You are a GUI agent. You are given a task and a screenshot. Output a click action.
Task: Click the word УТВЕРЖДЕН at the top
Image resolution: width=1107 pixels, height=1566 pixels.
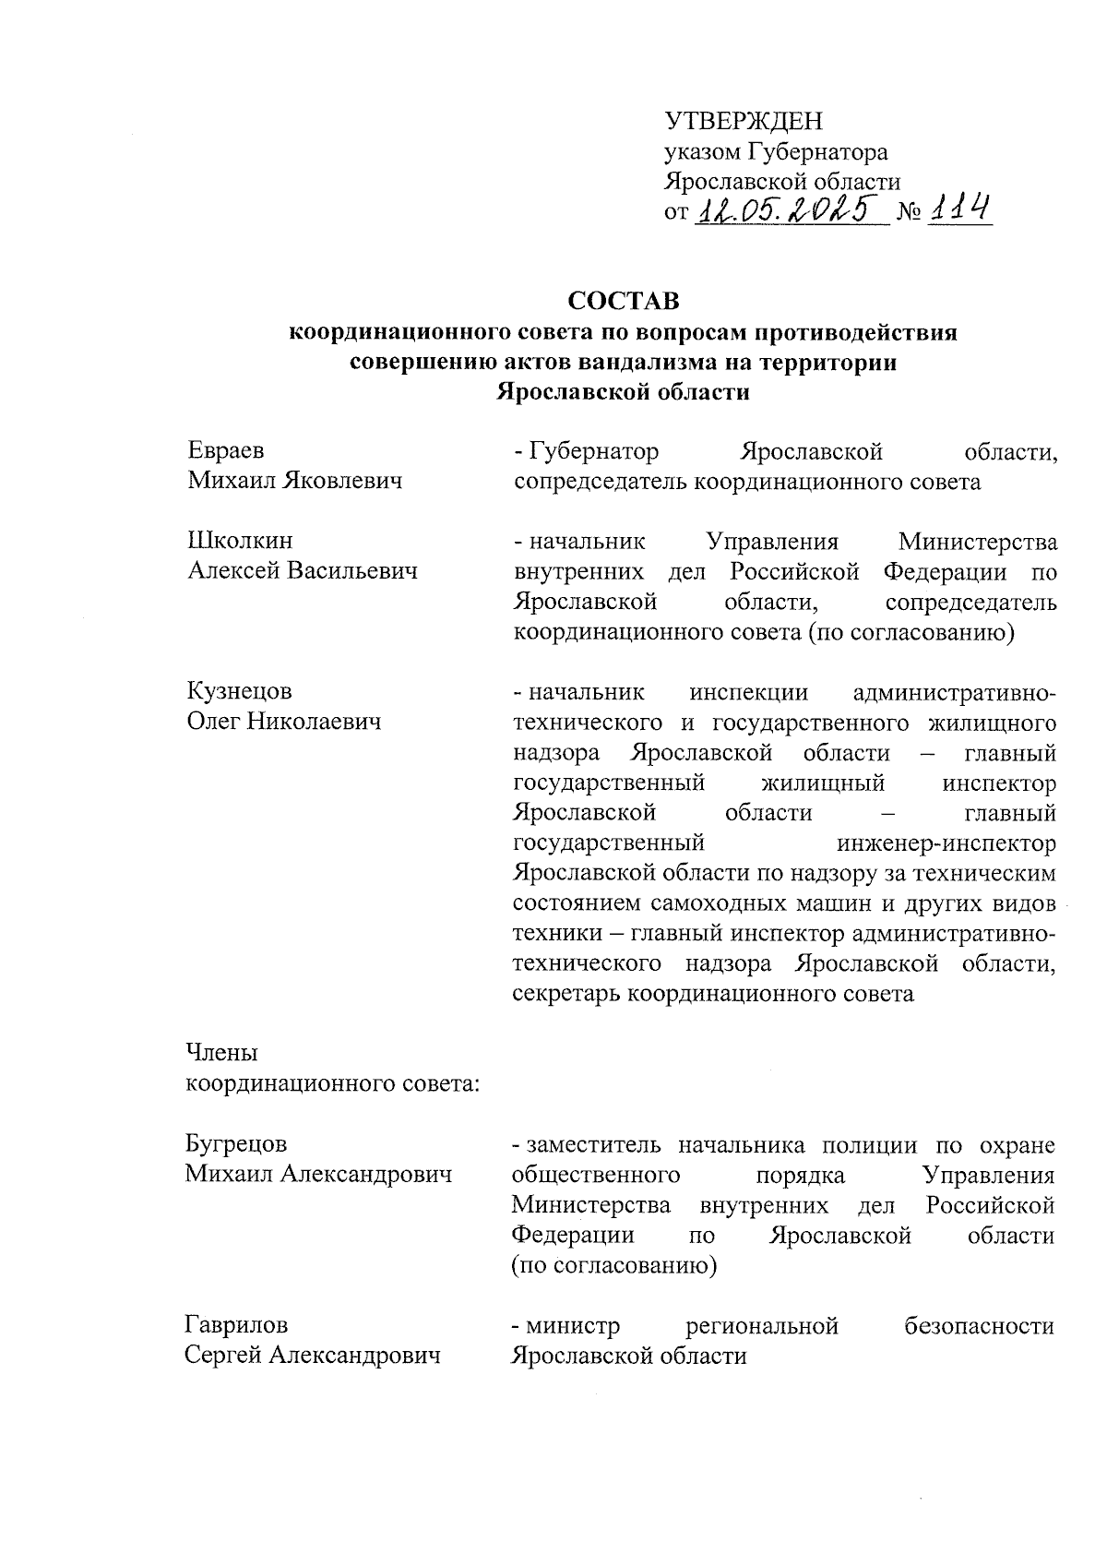click(743, 121)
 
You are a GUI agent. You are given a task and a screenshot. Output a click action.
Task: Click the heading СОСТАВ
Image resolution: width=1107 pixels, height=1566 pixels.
click(623, 302)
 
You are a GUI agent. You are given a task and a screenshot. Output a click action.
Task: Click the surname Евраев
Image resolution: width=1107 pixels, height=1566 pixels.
click(226, 451)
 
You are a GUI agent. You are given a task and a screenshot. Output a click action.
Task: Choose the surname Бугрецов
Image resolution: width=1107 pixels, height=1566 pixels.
click(236, 1144)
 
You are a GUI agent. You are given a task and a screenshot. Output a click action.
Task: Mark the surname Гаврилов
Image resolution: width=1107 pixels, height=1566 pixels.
click(236, 1326)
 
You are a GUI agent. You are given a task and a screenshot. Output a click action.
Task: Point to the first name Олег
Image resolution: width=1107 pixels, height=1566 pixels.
click(213, 722)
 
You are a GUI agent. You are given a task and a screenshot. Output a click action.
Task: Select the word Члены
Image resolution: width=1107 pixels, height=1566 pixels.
click(221, 1053)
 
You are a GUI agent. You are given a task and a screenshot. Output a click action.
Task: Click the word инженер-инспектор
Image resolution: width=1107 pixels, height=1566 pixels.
click(946, 843)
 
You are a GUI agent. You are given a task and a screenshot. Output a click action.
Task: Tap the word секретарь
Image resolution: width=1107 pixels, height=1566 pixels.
click(566, 994)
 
